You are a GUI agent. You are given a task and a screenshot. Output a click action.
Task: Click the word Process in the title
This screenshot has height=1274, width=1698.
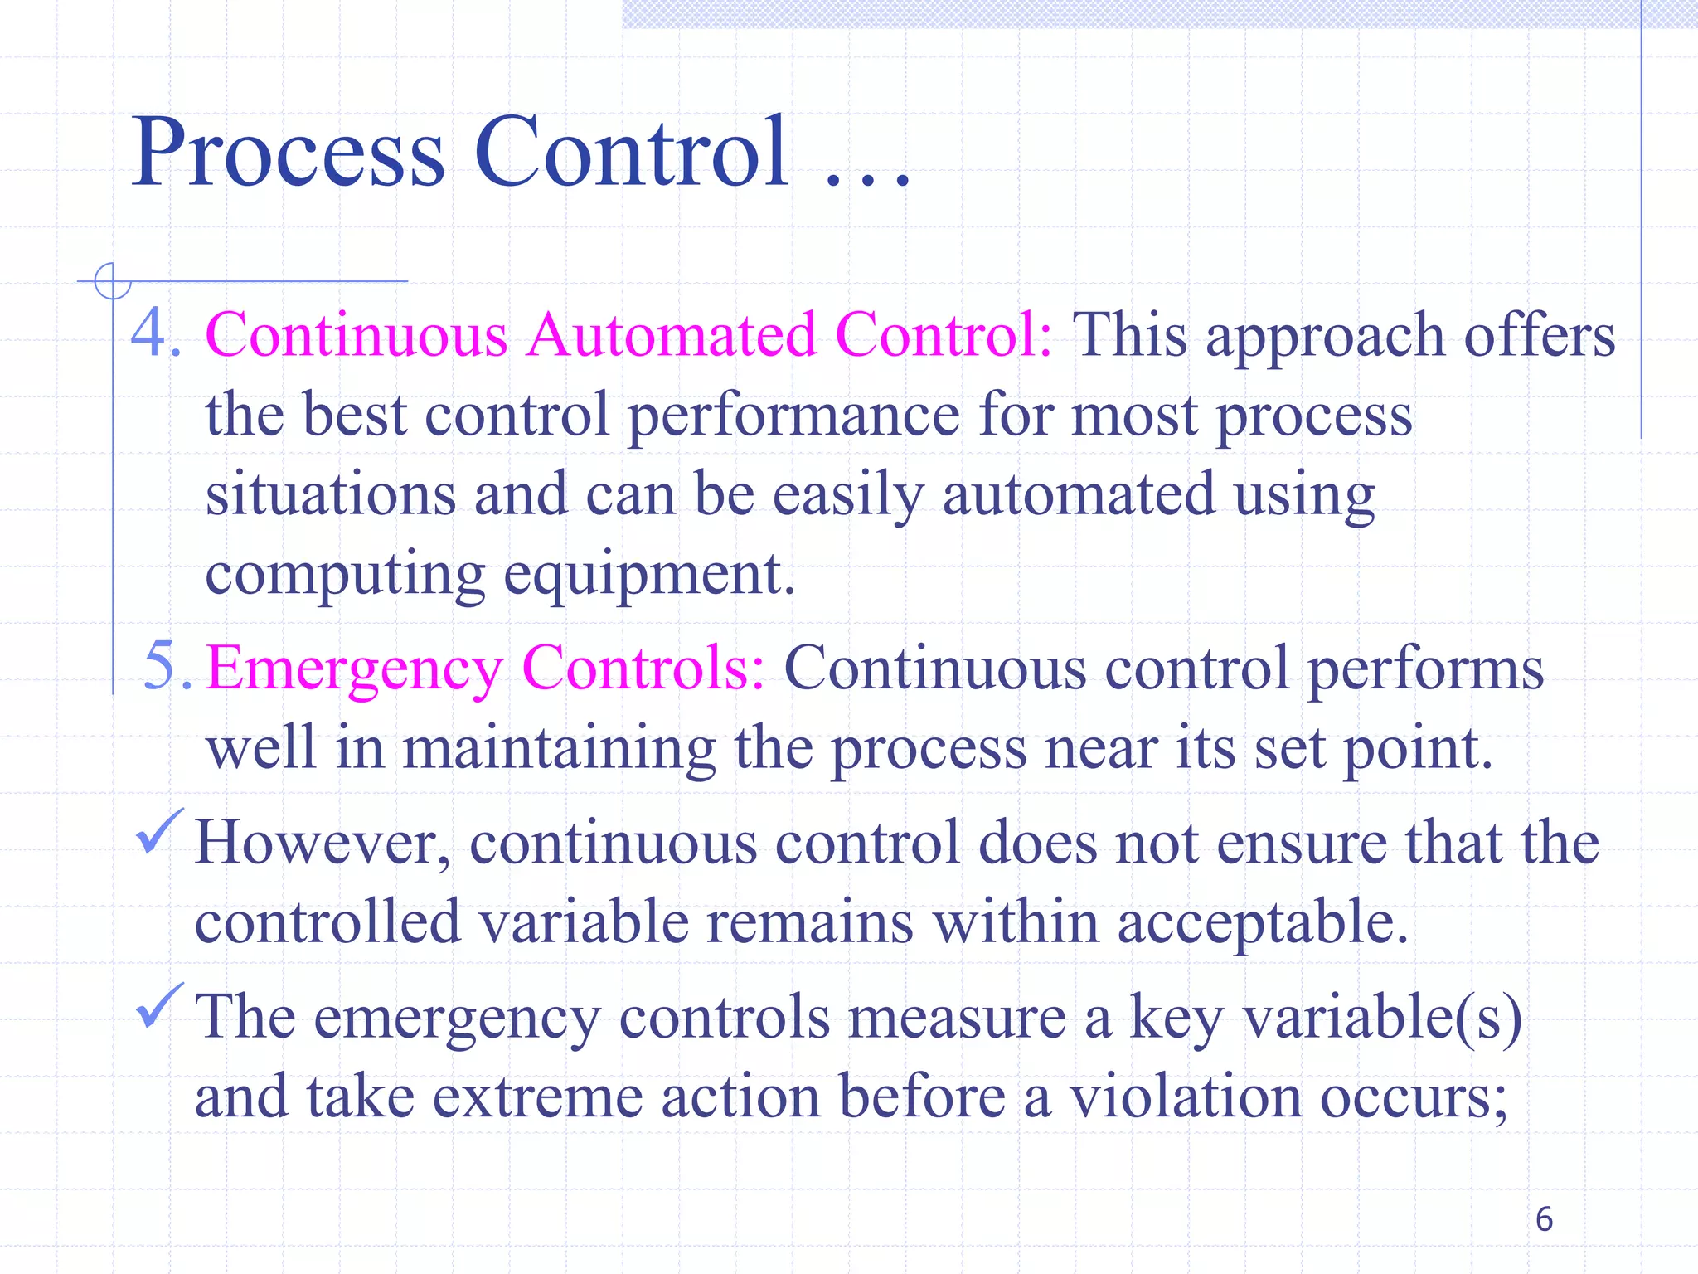(x=289, y=153)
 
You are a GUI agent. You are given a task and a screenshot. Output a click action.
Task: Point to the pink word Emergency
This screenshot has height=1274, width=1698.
(x=354, y=670)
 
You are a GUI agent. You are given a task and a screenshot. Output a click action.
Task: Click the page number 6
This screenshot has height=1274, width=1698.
(x=1543, y=1219)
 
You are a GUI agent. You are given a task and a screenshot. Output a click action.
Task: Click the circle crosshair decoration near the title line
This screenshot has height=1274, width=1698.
(x=112, y=281)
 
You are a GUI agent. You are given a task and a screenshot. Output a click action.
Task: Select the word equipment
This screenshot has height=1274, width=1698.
(x=649, y=575)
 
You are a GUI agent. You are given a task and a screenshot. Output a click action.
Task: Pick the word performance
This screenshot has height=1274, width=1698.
(x=793, y=416)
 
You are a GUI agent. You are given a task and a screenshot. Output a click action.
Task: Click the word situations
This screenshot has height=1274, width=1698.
(x=330, y=494)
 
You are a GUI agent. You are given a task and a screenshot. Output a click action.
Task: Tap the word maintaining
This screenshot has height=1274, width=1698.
(x=559, y=748)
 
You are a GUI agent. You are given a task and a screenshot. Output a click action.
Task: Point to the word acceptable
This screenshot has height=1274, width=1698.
(x=1261, y=923)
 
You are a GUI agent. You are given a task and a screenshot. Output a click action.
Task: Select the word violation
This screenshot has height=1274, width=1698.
(x=1186, y=1097)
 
